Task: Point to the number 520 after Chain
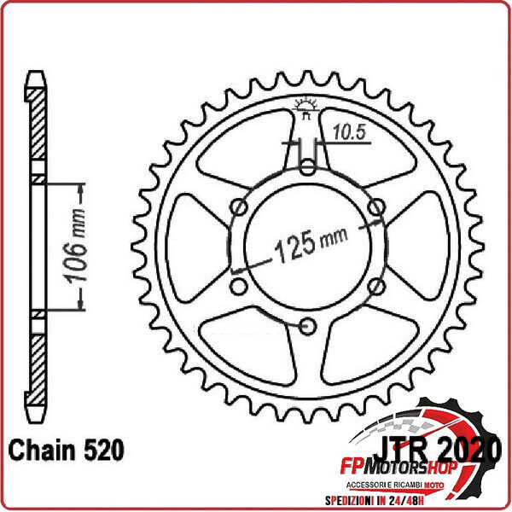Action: pos(102,449)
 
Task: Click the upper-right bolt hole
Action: pos(376,207)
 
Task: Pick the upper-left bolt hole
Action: pos(241,207)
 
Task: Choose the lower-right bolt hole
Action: pos(376,285)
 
